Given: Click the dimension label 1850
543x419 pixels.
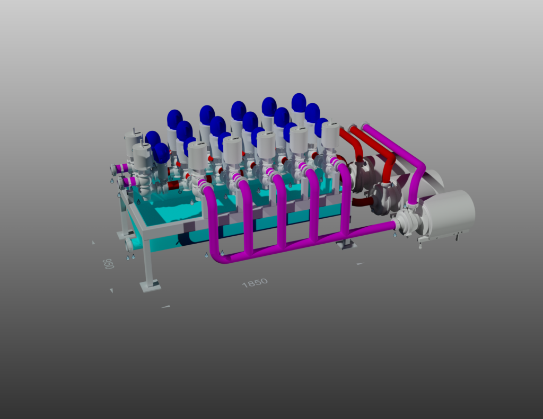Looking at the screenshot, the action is click(255, 283).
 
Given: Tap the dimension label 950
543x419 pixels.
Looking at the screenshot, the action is click(108, 264).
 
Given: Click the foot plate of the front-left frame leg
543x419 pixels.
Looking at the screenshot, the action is click(150, 287).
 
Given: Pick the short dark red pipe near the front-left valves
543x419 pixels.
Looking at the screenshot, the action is click(175, 185).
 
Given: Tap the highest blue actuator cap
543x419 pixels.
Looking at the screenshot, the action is click(299, 103).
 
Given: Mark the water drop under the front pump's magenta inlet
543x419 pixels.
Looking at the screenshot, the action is click(395, 235).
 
